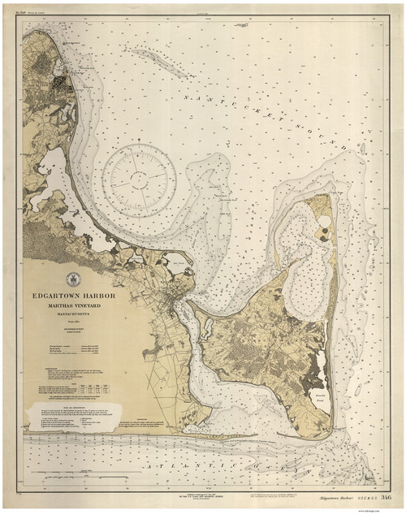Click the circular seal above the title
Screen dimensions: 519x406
click(x=73, y=278)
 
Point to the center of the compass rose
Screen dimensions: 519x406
click(x=139, y=176)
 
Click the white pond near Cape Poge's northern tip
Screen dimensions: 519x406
click(x=324, y=220)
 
